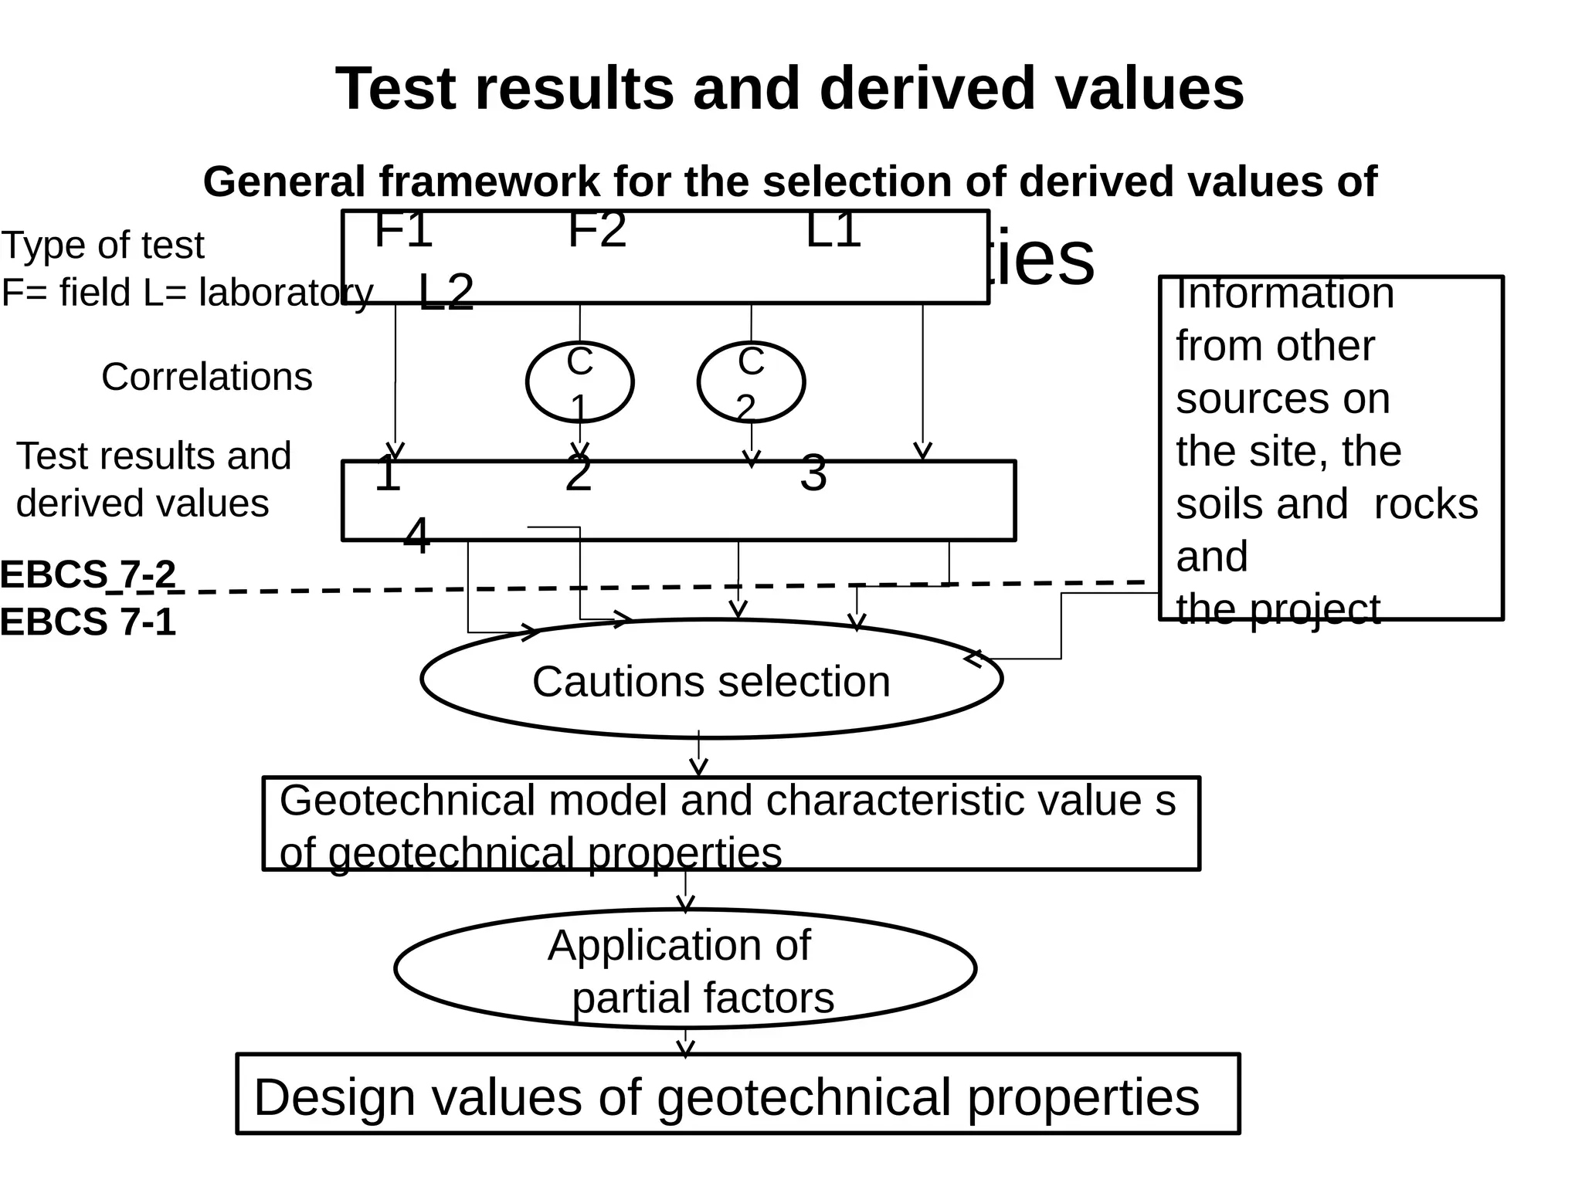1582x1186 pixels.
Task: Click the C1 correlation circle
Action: click(x=579, y=382)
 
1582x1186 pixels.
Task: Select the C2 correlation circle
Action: click(x=751, y=382)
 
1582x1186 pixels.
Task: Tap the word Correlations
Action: click(x=207, y=378)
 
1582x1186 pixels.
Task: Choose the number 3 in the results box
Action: click(x=813, y=473)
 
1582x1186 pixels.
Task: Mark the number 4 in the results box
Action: click(x=417, y=536)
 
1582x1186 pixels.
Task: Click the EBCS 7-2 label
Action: click(x=88, y=574)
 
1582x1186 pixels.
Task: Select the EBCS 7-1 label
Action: click(x=88, y=622)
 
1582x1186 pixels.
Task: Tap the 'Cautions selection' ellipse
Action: click(x=711, y=679)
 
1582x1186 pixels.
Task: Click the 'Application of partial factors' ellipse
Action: click(x=685, y=969)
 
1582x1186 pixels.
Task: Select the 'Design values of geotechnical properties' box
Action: click(x=738, y=1095)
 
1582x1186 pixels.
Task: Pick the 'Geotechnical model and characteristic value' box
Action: click(x=731, y=824)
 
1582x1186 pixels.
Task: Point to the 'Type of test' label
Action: click(x=103, y=246)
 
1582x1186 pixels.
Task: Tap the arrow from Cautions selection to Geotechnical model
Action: click(x=698, y=755)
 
